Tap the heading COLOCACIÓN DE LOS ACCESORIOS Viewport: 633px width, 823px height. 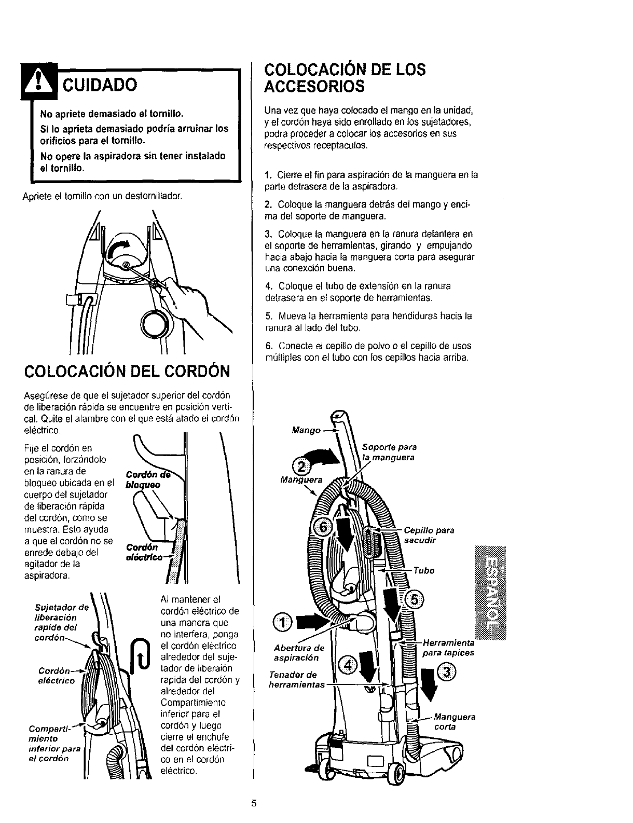point(345,78)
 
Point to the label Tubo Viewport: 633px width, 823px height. point(424,571)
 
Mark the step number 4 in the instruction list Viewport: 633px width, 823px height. point(268,286)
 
